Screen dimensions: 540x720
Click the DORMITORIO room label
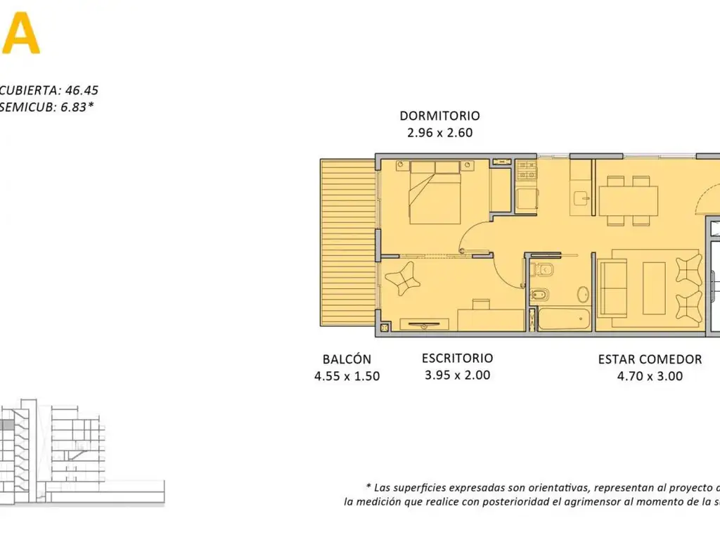click(439, 116)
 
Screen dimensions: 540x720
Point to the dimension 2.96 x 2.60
click(439, 132)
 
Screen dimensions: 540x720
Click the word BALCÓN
click(347, 359)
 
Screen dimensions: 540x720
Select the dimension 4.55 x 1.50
click(347, 376)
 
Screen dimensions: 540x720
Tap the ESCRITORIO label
click(457, 359)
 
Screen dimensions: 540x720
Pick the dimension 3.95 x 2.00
click(457, 375)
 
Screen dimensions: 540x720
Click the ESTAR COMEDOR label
click(650, 359)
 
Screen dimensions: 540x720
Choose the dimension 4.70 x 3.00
click(650, 376)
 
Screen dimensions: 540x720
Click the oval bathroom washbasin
click(583, 293)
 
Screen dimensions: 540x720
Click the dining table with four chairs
click(628, 200)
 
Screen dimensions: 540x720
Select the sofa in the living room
click(612, 288)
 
